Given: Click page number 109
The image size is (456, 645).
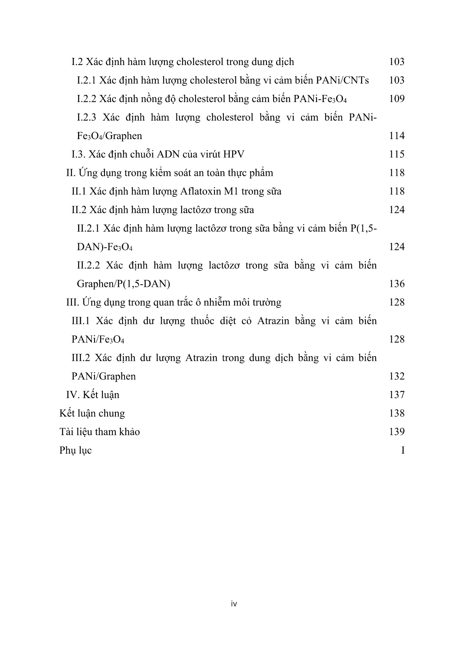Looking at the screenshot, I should click(x=396, y=99).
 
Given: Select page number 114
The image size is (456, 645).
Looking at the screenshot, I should click(x=396, y=136).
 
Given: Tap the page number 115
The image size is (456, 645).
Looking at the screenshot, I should click(x=396, y=154).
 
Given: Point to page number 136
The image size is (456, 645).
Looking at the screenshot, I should click(x=396, y=284).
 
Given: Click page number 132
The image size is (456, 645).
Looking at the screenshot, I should click(x=396, y=376).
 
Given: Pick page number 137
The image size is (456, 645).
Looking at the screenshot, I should click(x=396, y=395).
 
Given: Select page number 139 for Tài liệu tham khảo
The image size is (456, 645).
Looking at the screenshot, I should click(x=396, y=432).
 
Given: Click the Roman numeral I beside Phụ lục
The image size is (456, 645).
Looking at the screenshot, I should click(x=402, y=450).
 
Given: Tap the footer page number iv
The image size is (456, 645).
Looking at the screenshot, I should click(x=234, y=604).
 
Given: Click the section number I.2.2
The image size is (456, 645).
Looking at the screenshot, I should click(x=86, y=99).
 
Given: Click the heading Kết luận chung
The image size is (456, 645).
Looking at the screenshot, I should click(x=92, y=413).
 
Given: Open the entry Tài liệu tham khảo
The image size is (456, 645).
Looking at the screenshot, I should click(x=100, y=432).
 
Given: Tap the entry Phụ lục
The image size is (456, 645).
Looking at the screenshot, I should click(x=76, y=450).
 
